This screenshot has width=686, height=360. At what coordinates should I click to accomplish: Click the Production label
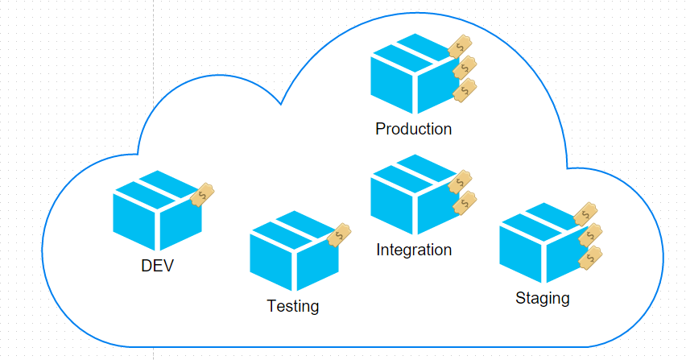coord(413,129)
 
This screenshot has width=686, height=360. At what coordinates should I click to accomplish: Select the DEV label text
coord(157,267)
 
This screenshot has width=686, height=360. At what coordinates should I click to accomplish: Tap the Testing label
coord(292,307)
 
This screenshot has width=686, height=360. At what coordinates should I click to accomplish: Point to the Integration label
coord(414,250)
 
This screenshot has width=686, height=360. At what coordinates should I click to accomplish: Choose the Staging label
coord(542,299)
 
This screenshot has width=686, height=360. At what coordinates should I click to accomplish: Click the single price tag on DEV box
coord(203,195)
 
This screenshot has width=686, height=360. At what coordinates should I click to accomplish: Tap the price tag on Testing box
coord(340,234)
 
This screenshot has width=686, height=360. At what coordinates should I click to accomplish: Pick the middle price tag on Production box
coord(465,68)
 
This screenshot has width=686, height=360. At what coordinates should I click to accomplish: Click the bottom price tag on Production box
coord(465,90)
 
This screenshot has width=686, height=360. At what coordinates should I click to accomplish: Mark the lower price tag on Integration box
coord(465,203)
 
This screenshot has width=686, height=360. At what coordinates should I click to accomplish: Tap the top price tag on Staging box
coord(586,213)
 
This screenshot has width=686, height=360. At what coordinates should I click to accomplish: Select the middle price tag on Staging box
coord(591,235)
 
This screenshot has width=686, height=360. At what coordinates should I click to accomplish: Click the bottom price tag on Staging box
coord(591,259)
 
